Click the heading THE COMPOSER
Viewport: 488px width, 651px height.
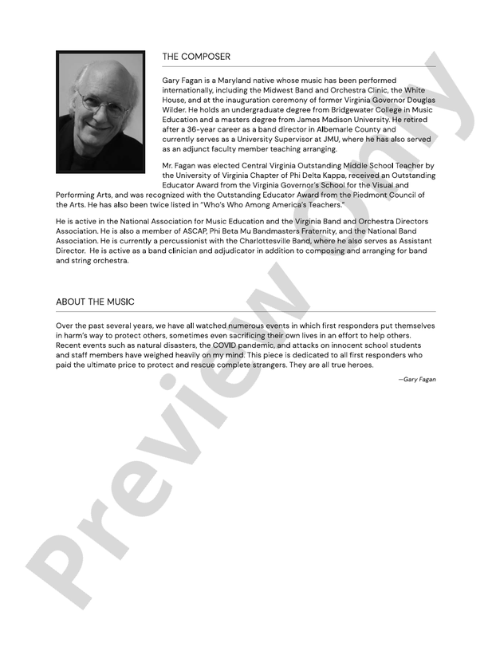click(196, 57)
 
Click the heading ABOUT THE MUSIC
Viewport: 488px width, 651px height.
click(95, 302)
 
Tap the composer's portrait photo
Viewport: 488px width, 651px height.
click(100, 112)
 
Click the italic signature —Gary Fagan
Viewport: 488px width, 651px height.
click(417, 379)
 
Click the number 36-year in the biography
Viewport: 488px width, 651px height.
click(213, 129)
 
